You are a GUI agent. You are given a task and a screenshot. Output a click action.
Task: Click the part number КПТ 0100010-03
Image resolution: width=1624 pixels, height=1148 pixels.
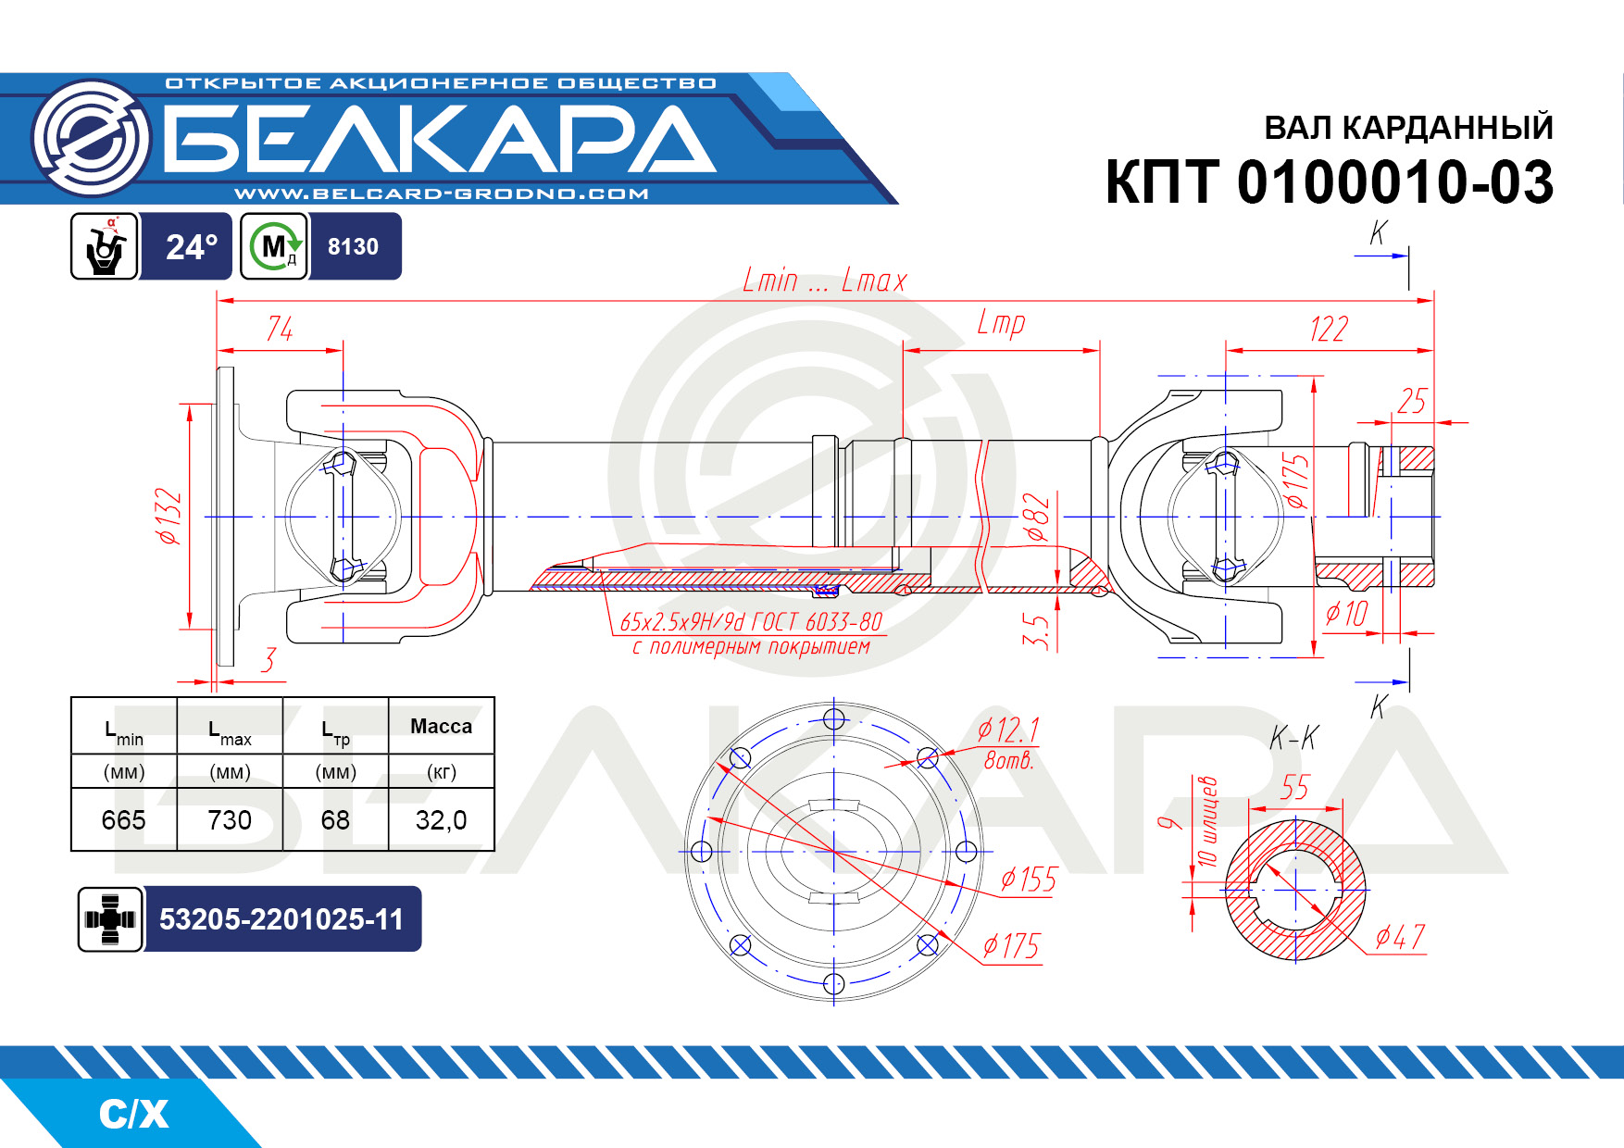click(x=1329, y=181)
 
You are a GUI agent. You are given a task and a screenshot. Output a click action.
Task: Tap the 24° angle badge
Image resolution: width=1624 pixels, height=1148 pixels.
click(x=192, y=247)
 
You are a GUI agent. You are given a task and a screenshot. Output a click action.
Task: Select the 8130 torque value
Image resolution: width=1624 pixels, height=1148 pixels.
click(x=353, y=247)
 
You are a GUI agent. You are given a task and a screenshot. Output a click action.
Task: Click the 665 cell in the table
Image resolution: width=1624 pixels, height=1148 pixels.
click(x=124, y=820)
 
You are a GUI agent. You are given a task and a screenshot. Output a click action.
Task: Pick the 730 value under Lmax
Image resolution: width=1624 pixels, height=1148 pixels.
click(x=230, y=820)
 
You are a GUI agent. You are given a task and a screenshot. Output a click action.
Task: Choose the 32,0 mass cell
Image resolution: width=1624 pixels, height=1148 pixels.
click(x=441, y=820)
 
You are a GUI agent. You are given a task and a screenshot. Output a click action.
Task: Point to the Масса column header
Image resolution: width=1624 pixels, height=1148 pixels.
click(x=441, y=727)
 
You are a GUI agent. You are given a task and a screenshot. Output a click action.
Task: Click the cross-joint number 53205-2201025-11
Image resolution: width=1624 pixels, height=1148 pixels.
click(x=281, y=919)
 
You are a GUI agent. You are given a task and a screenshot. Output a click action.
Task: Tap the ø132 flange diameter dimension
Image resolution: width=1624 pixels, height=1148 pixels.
click(x=169, y=517)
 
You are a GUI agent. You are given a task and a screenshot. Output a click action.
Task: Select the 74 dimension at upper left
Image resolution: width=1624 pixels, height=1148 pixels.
click(x=280, y=330)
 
